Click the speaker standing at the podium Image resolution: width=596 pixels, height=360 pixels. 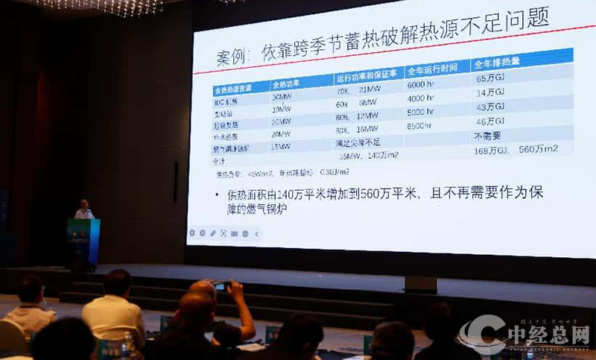(84, 210)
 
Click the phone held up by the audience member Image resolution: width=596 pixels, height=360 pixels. (221, 285)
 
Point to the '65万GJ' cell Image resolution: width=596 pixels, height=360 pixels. (490, 77)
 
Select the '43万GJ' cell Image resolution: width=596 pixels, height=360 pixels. (491, 107)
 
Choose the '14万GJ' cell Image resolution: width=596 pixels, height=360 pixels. (490, 92)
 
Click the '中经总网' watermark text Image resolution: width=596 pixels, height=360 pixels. (549, 332)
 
